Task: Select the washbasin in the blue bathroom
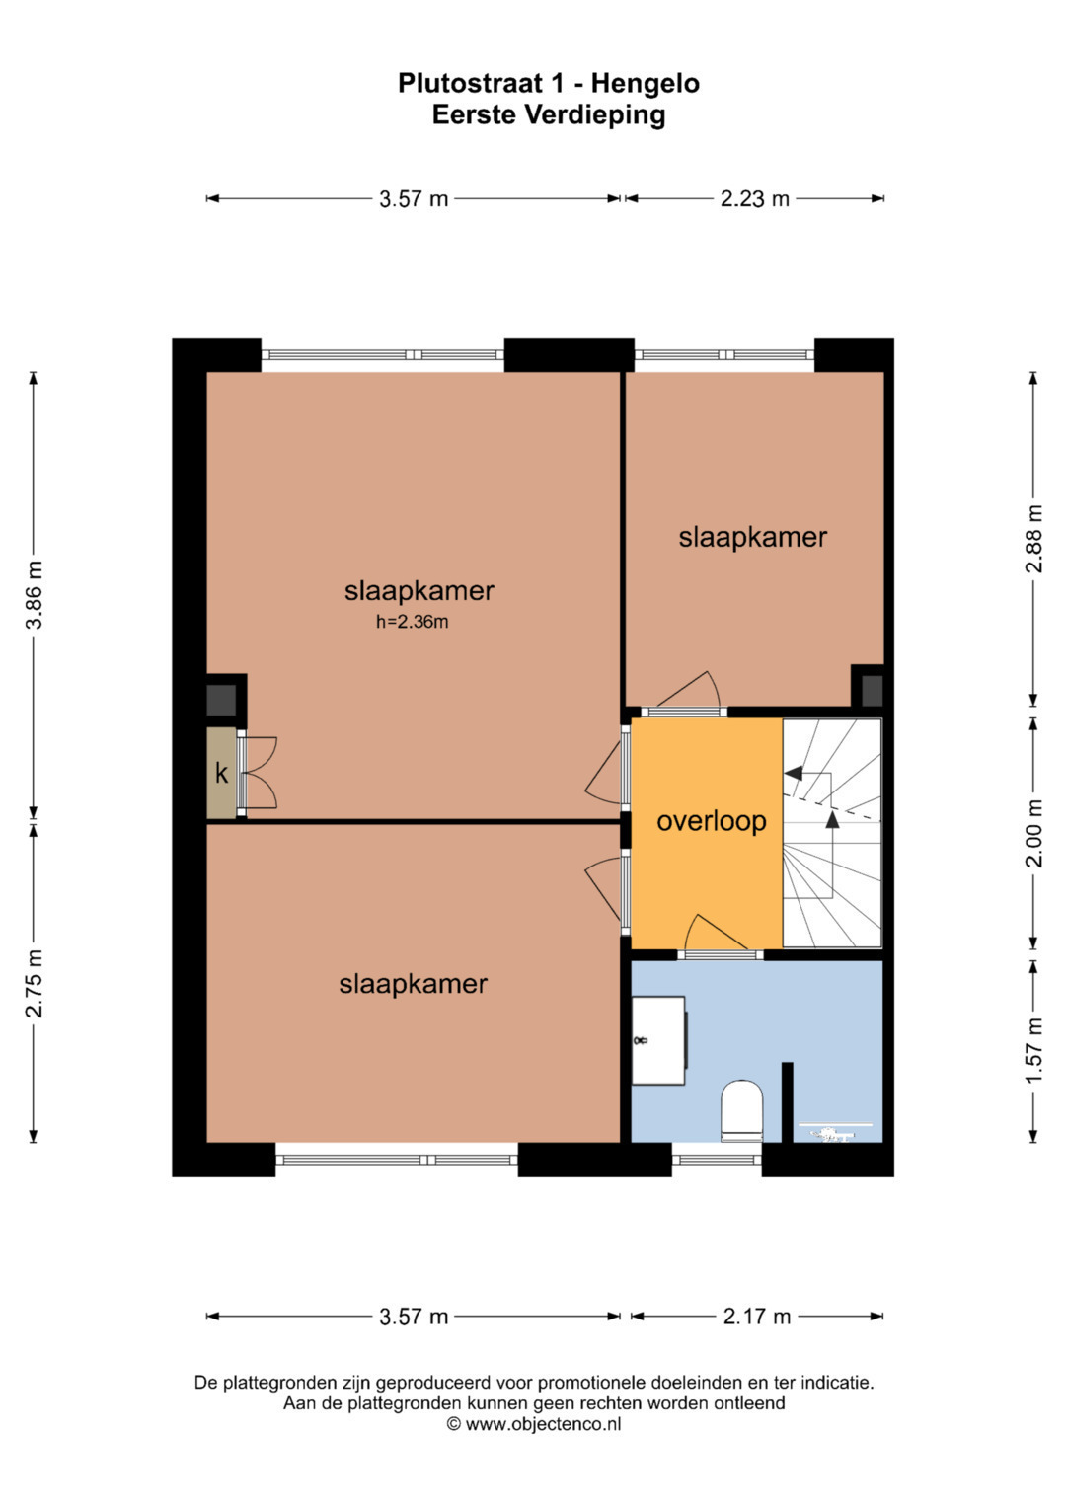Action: pos(658,1040)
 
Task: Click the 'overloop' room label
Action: pos(712,821)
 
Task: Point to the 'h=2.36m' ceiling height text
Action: pos(412,622)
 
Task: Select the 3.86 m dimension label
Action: pos(34,595)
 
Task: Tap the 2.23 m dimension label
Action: pos(754,199)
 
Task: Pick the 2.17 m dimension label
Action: pos(756,1317)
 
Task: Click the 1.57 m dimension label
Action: pos(1034,1051)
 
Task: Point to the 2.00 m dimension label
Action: pos(1034,833)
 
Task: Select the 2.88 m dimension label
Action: pos(1034,538)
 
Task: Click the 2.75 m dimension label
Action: pos(34,984)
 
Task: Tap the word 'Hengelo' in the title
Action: pos(645,84)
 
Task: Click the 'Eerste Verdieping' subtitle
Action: pos(549,114)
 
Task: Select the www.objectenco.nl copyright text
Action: pos(534,1424)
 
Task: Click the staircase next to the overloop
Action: pos(832,834)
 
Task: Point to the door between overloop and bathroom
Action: pos(720,953)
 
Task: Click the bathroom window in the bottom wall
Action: pos(716,1160)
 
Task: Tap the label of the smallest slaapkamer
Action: pos(752,538)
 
